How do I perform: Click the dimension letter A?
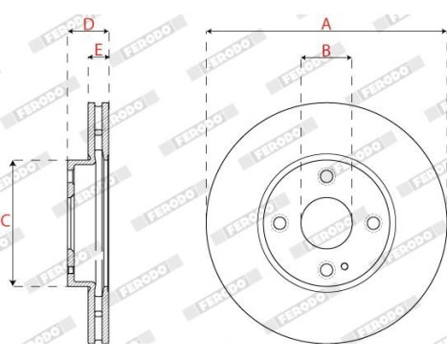[325, 22]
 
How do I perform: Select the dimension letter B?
[325, 50]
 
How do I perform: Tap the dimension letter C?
[6, 221]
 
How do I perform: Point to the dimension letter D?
[88, 23]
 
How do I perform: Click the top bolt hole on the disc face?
[325, 176]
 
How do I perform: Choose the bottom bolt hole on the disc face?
[325, 268]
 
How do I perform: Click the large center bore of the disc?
[325, 222]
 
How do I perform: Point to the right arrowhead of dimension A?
[442, 33]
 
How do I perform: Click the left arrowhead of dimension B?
[303, 58]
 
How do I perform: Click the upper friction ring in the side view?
[100, 129]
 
